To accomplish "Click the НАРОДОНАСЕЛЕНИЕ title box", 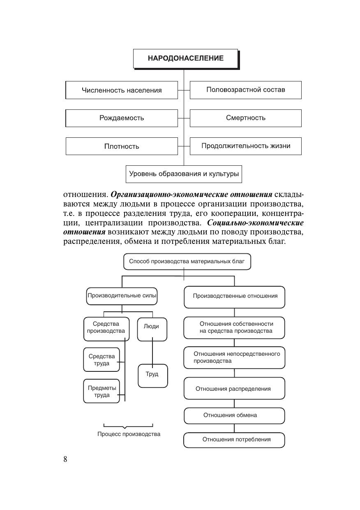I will point(186,58).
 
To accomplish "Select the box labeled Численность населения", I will point(122,90).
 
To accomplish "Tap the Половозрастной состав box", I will point(245,90).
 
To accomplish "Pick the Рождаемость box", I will point(122,118).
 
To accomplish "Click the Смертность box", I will point(245,118).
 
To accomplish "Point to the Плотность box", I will point(122,146).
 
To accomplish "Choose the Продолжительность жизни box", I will point(245,146).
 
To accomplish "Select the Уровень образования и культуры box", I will point(184,174).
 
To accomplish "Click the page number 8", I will point(65,459).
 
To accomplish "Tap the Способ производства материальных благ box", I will point(187,262).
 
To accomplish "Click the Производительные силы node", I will point(122,296).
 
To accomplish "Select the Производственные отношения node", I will point(234,297).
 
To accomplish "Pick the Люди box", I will point(152,329).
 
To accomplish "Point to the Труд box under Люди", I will point(152,375).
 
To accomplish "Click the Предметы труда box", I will point(102,391).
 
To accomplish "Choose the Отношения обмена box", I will point(234,415).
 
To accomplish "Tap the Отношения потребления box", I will point(234,440).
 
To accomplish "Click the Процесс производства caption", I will point(129,434).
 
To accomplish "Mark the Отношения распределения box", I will point(234,389).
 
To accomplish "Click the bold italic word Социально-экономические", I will point(255,223).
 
